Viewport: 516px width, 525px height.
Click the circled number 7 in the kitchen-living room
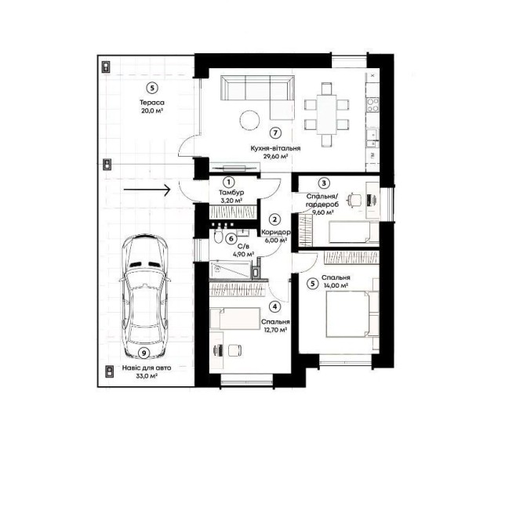point(275,133)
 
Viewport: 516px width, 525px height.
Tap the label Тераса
point(152,103)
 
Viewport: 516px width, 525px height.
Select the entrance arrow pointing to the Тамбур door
point(147,190)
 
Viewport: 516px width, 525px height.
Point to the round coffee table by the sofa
point(249,119)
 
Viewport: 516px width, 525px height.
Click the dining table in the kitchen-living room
point(327,114)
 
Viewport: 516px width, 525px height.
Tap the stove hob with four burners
point(372,104)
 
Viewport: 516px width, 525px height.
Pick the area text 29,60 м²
point(276,156)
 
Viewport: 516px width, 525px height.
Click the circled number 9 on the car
point(144,353)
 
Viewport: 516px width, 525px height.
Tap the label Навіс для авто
point(147,367)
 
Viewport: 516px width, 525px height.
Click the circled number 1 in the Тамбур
point(229,183)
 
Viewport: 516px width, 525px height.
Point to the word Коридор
point(276,232)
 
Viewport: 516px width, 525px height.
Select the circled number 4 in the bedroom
point(275,306)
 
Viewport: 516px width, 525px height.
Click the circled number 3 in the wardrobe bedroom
point(324,183)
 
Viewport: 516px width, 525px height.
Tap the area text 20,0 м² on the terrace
point(152,110)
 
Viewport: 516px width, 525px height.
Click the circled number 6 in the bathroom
point(231,239)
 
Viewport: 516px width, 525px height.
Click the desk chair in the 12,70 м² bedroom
point(234,350)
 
